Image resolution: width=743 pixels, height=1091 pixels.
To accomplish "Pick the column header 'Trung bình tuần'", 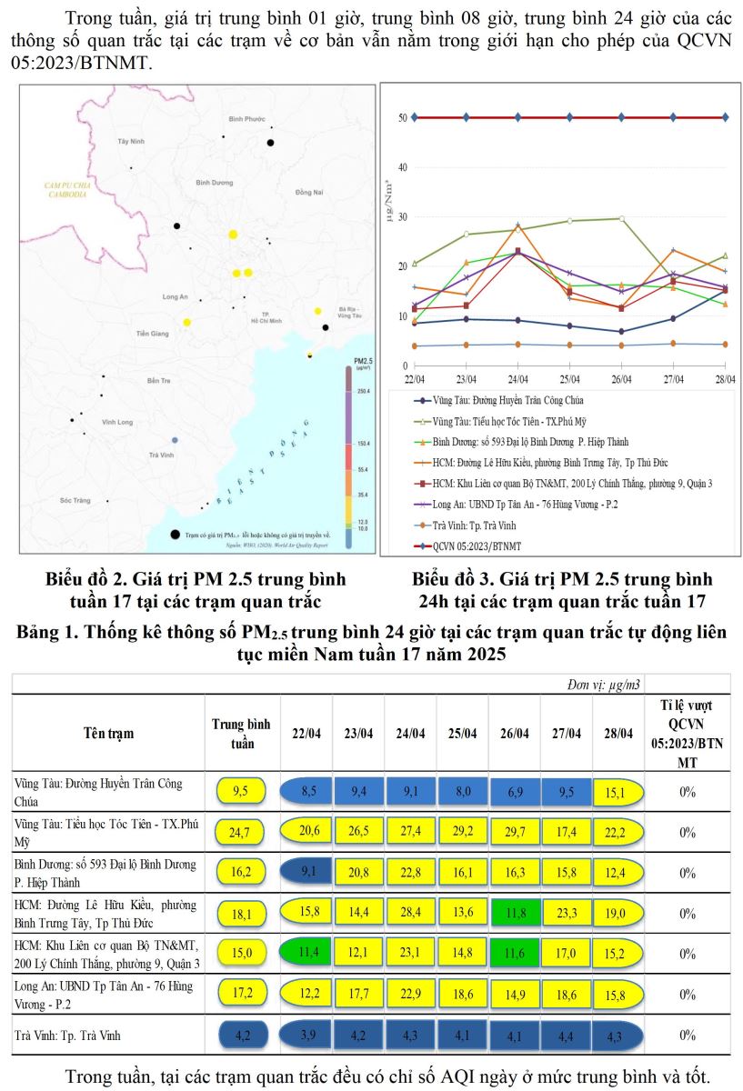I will [x=240, y=733].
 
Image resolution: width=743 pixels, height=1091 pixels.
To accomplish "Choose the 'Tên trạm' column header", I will [x=107, y=733].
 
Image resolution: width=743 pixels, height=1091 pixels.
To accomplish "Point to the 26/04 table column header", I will [x=514, y=733].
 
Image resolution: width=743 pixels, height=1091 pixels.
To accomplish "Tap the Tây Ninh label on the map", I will [x=131, y=143].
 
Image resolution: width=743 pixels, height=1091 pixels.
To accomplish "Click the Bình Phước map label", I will [x=246, y=119].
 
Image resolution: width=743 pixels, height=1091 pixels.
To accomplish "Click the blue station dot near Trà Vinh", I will [x=175, y=440].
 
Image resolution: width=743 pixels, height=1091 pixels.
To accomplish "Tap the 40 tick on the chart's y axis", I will [x=400, y=167].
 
